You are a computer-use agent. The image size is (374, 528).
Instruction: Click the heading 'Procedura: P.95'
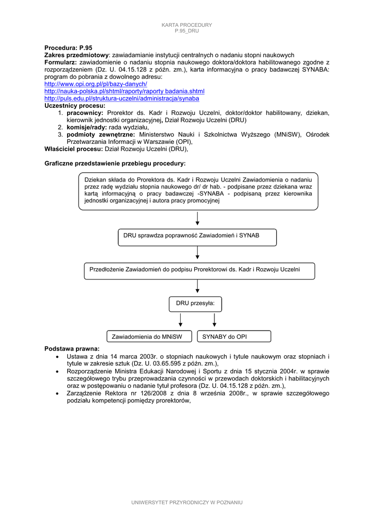68,47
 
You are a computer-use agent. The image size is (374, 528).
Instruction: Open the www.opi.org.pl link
96,84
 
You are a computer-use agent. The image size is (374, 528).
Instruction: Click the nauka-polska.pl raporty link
124,91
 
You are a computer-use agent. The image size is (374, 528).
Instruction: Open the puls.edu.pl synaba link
121,98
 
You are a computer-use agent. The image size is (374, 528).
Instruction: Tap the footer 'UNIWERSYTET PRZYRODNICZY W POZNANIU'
187,502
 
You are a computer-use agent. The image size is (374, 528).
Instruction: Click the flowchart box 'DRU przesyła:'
195,304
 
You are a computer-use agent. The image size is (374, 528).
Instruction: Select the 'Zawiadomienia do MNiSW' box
149,337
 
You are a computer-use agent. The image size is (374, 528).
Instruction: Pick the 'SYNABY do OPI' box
233,337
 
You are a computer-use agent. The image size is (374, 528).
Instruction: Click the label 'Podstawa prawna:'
72,349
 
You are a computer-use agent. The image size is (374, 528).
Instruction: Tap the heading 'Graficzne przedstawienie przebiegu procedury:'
115,163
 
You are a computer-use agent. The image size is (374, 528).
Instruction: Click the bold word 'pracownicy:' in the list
85,112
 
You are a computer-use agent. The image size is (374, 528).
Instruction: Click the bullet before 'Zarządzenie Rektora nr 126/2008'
56,394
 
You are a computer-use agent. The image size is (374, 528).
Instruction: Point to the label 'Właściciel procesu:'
74,149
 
